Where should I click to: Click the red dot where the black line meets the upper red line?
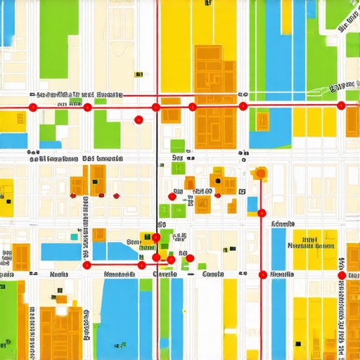pyautogui.click(x=156, y=107)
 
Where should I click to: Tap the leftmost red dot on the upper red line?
pyautogui.click(x=32, y=107)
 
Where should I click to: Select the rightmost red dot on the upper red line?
pyautogui.click(x=342, y=106)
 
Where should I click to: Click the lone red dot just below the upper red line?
pyautogui.click(x=139, y=120)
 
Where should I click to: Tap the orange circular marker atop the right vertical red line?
pyautogui.click(x=261, y=172)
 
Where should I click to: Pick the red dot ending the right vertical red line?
pyautogui.click(x=263, y=274)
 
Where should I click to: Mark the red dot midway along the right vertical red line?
pyautogui.click(x=262, y=212)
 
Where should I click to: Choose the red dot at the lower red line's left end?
pyautogui.click(x=86, y=265)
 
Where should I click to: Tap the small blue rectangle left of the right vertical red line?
pyautogui.click(x=253, y=205)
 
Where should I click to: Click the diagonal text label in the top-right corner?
pyautogui.click(x=345, y=86)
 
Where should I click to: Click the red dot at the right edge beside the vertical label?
pyautogui.click(x=342, y=264)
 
